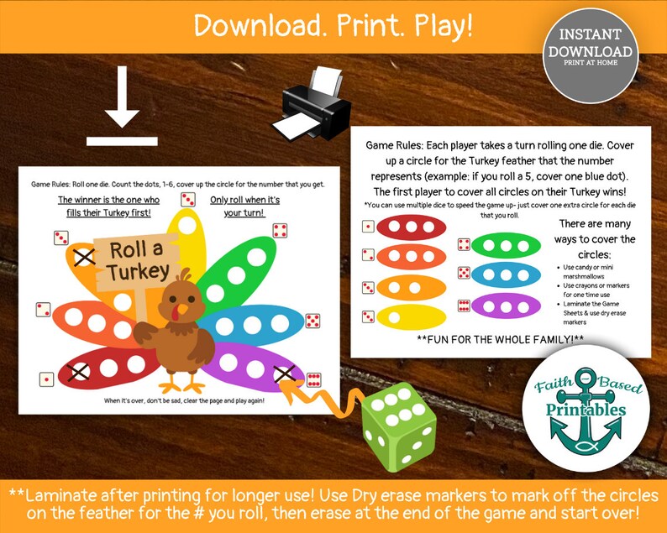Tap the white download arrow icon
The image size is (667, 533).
[x=121, y=110]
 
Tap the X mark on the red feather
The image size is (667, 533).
[x=80, y=370]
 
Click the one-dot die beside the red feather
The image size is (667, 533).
[x=45, y=379]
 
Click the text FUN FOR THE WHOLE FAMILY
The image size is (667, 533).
[x=501, y=340]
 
